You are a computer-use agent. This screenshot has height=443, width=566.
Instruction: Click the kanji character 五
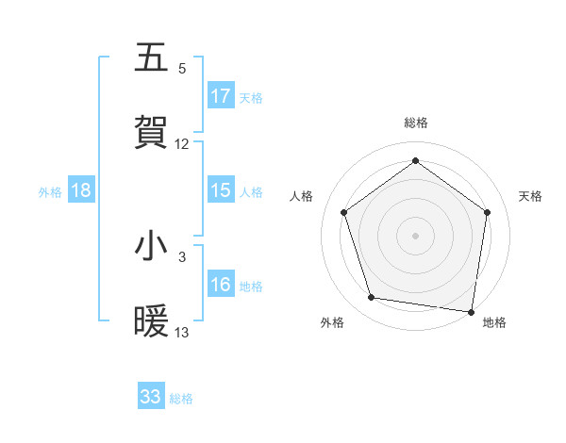point(151,57)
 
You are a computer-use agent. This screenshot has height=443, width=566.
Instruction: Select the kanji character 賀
point(151,133)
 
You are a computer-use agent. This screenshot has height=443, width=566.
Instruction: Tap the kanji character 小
point(151,246)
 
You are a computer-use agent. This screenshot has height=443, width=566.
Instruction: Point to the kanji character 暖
point(151,321)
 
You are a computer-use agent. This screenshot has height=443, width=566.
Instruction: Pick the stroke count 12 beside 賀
point(182,143)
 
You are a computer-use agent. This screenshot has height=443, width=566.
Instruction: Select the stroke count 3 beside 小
point(182,256)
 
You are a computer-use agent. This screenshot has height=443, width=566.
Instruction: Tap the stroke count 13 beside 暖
point(182,332)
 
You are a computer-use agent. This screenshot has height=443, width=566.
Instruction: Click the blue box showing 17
point(221,96)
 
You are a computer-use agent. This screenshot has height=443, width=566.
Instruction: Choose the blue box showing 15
point(221,190)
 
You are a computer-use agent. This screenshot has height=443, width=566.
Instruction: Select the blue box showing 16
point(221,285)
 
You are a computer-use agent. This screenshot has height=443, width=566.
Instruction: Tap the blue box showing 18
point(81,190)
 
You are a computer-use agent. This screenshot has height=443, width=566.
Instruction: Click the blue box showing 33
point(151,397)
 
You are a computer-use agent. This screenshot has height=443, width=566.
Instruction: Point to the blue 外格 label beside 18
point(50,191)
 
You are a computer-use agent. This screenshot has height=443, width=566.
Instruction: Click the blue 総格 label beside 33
point(182,399)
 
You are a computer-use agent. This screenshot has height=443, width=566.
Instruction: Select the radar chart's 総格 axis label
point(415,123)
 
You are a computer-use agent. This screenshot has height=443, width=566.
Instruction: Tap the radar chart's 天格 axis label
point(531,196)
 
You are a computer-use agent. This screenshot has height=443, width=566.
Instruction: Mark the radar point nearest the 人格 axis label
point(343,212)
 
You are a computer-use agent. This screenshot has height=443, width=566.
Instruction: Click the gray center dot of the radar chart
point(415,235)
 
